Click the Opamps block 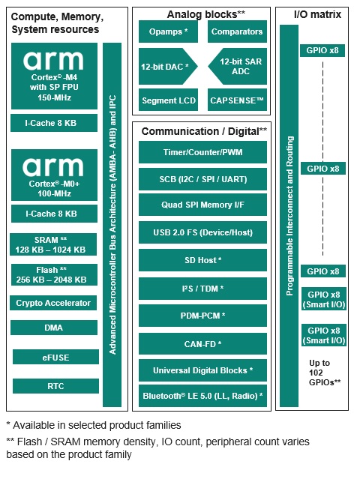[168, 31]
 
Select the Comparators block [237, 31]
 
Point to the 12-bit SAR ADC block [238, 66]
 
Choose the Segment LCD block [168, 100]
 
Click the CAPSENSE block [237, 100]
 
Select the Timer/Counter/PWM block [202, 152]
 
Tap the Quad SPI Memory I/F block [202, 205]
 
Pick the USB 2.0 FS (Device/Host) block [202, 232]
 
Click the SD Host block [202, 260]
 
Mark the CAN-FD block [202, 344]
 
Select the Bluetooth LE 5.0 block [202, 396]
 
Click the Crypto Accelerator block [53, 303]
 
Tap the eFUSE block [55, 357]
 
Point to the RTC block [55, 386]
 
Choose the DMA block [54, 328]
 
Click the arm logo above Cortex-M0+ [52, 167]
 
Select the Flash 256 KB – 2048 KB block [54, 274]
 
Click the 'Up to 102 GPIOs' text [325, 373]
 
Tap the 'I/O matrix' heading [317, 14]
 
